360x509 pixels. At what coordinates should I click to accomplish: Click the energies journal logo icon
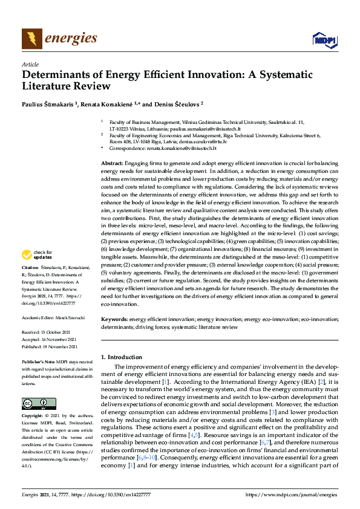(32, 39)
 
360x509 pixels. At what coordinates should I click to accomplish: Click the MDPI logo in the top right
(324, 40)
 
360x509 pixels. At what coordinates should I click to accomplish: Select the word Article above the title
(30, 64)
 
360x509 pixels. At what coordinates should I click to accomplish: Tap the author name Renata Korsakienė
(117, 104)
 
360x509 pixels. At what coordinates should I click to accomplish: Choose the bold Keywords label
(114, 318)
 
